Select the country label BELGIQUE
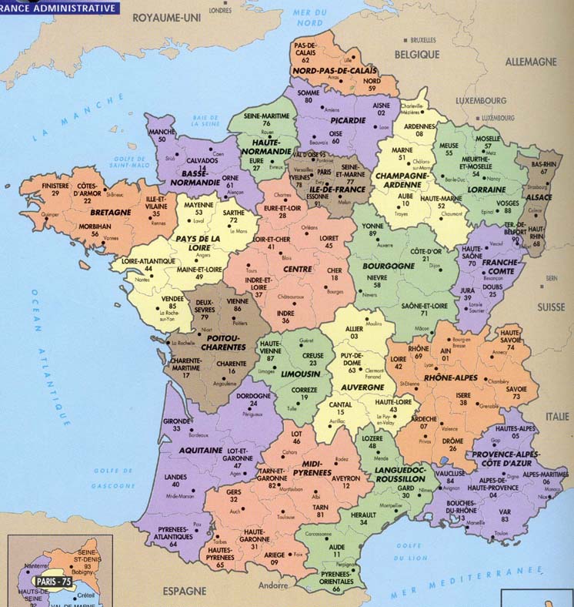[417, 55]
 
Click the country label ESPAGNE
[185, 590]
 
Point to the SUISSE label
[550, 307]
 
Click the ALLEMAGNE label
[530, 61]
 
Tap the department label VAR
[505, 510]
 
